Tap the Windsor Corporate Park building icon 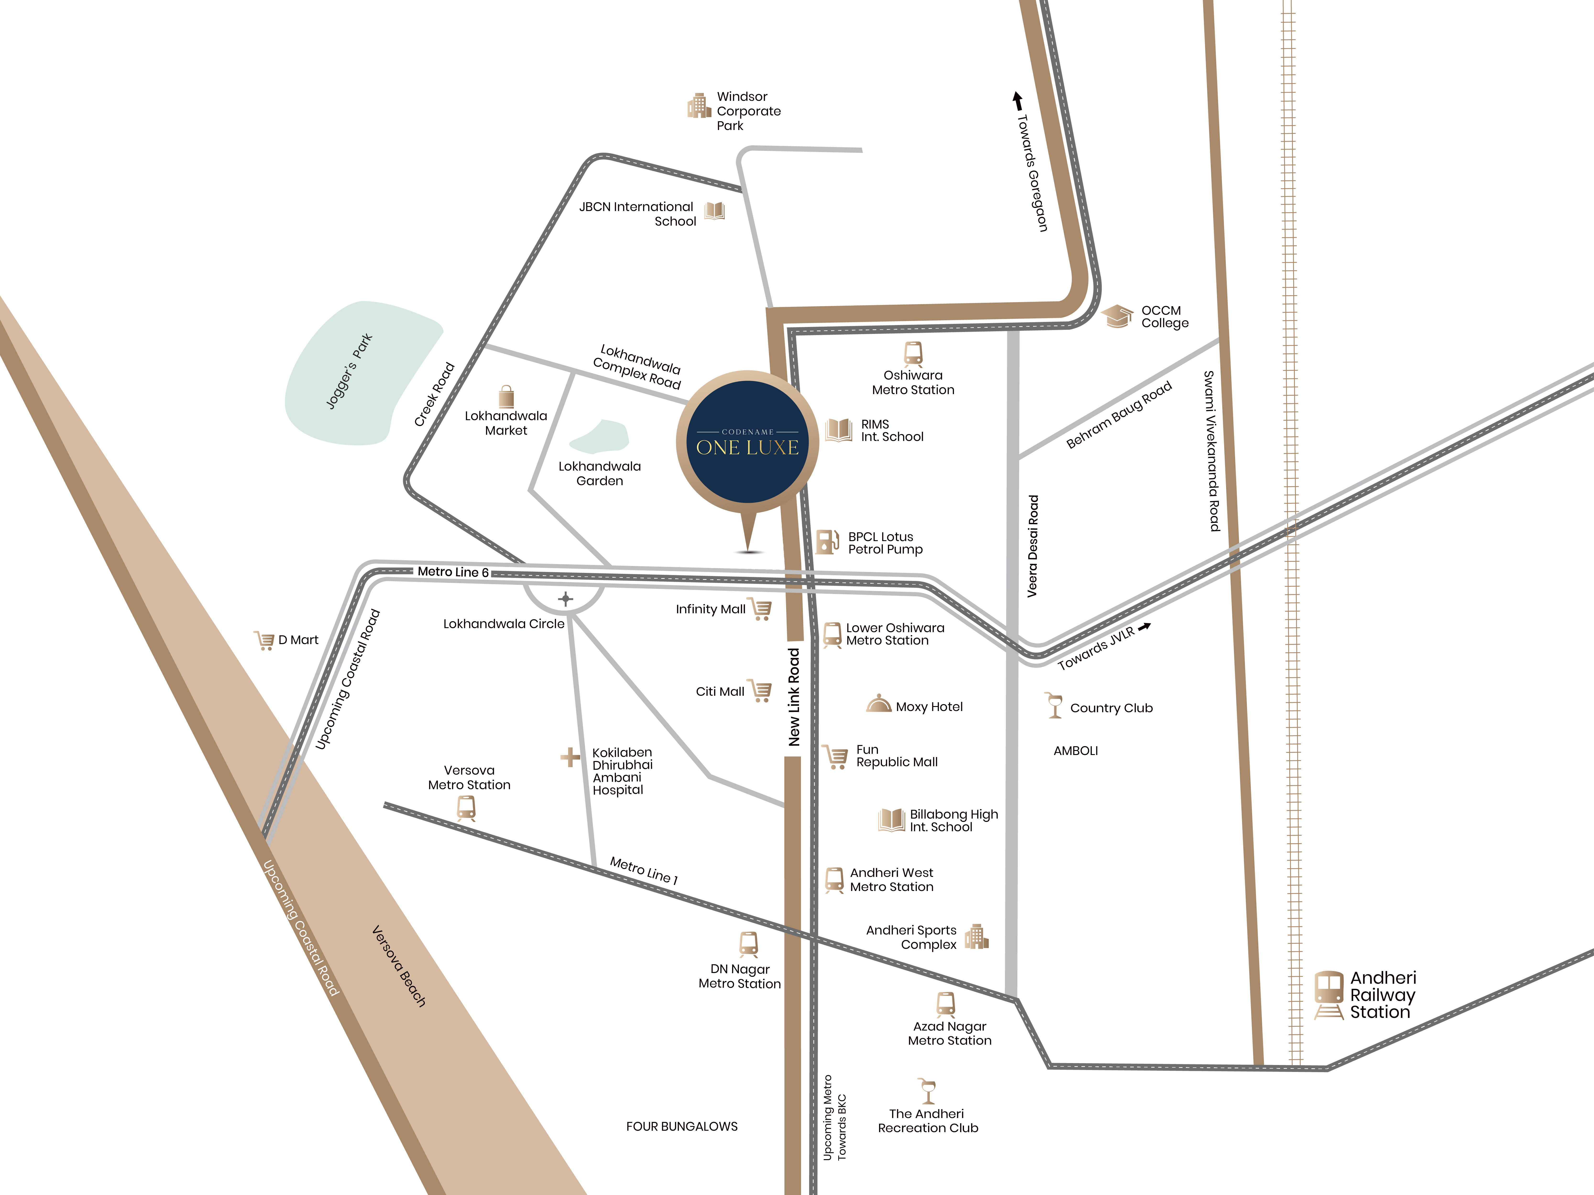click(x=698, y=106)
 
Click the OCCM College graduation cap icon click(x=1118, y=315)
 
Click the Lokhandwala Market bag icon click(x=507, y=396)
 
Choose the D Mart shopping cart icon click(x=264, y=640)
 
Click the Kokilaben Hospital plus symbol click(x=570, y=757)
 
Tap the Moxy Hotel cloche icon click(x=878, y=704)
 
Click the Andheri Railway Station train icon click(x=1328, y=994)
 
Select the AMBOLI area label click(x=1075, y=750)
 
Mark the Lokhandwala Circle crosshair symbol click(x=566, y=599)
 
